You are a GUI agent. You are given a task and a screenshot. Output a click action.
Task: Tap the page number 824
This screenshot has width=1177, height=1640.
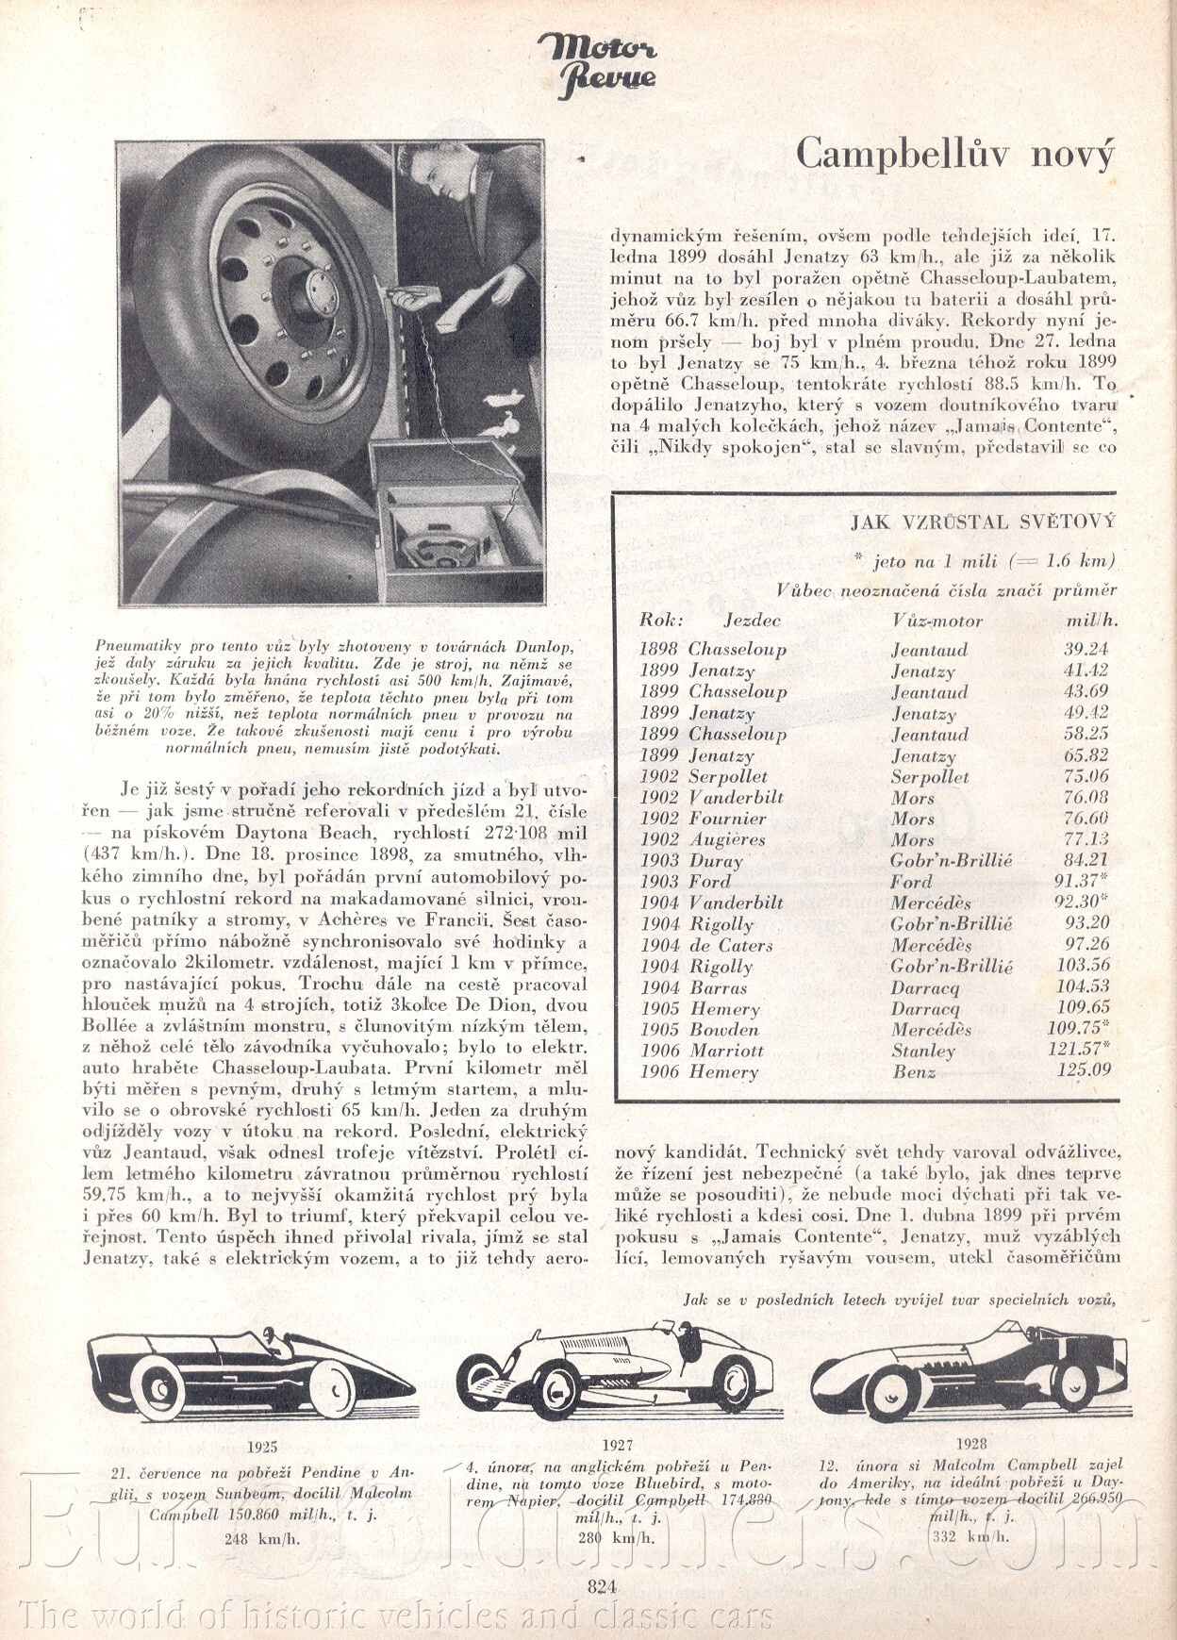[x=602, y=1585]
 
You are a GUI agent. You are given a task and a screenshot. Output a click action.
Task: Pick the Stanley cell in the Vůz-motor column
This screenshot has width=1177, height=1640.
[x=923, y=1050]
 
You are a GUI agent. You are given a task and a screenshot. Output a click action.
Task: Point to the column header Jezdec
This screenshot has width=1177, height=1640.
[x=752, y=621]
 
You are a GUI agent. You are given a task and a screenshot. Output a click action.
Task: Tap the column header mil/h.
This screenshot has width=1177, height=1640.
[x=1091, y=621]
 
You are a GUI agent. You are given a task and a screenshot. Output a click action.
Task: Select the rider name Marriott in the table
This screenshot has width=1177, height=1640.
[x=726, y=1050]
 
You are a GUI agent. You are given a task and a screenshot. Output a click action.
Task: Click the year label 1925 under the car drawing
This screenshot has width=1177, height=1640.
[x=262, y=1447]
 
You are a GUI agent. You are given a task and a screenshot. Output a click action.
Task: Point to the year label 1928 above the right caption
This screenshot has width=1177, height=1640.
[x=970, y=1442]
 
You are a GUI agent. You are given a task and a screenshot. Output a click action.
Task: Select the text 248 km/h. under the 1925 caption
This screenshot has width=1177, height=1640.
[x=261, y=1538]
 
